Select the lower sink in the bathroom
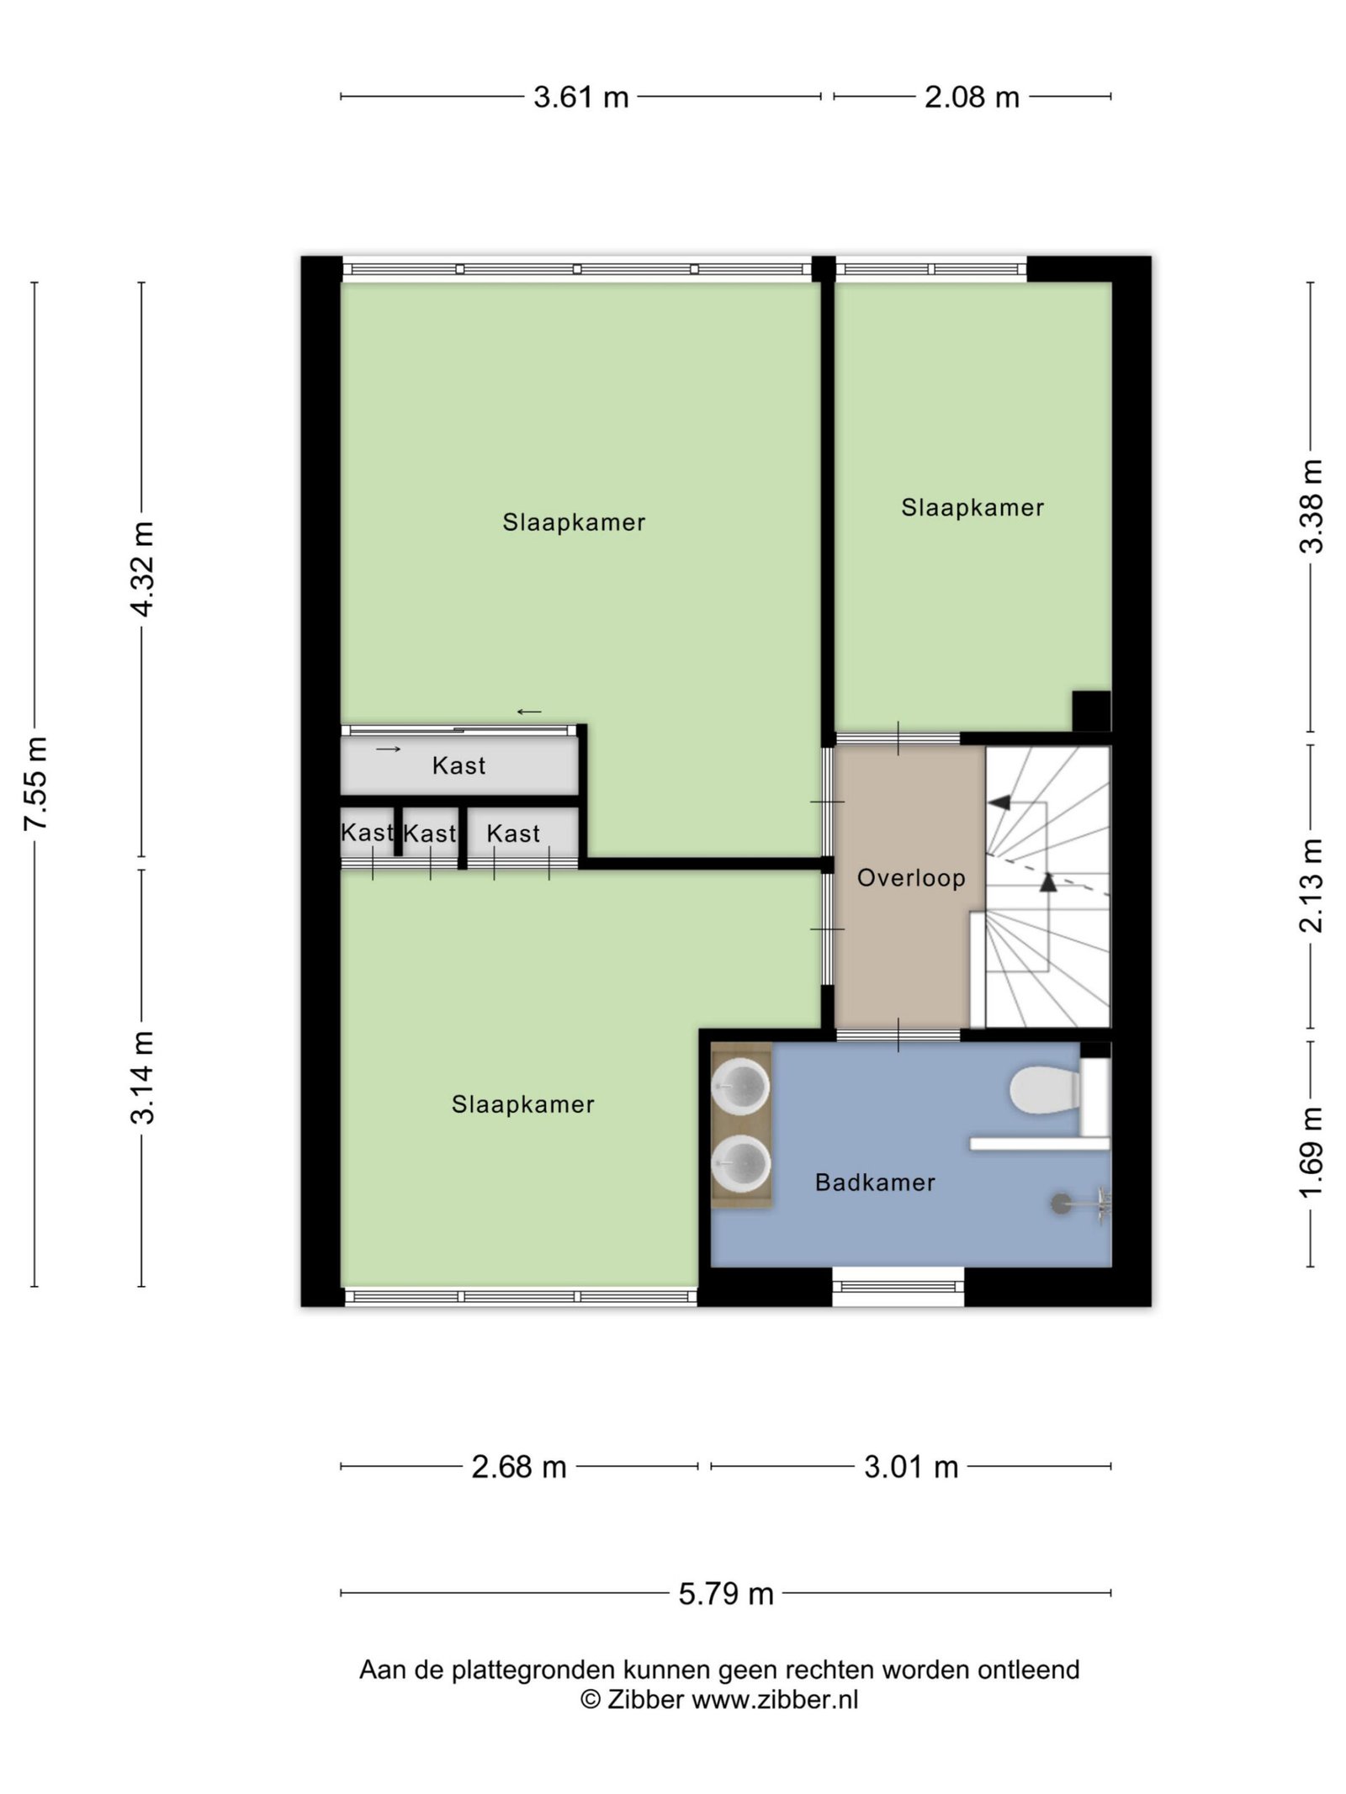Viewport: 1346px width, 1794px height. pyautogui.click(x=741, y=1164)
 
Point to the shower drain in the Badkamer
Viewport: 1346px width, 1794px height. pyautogui.click(x=1062, y=1204)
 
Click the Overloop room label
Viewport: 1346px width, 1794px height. pyautogui.click(x=911, y=878)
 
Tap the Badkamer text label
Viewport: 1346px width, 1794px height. pyautogui.click(x=875, y=1183)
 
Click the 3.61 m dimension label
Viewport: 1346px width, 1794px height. pyautogui.click(x=581, y=98)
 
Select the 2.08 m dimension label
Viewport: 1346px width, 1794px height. pyautogui.click(x=972, y=98)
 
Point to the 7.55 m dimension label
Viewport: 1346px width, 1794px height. pyautogui.click(x=35, y=783)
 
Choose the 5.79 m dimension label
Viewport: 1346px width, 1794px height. pyautogui.click(x=726, y=1593)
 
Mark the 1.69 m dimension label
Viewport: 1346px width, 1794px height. pyautogui.click(x=1312, y=1153)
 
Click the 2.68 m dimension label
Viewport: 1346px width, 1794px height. pyautogui.click(x=519, y=1467)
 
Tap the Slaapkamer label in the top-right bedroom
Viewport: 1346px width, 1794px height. pyautogui.click(x=972, y=507)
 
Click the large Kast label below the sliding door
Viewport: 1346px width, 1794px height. pyautogui.click(x=459, y=765)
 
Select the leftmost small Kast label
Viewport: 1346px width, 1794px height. pyautogui.click(x=367, y=833)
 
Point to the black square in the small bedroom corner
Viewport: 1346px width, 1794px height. pyautogui.click(x=1092, y=711)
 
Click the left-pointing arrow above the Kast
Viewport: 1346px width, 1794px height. pyautogui.click(x=529, y=712)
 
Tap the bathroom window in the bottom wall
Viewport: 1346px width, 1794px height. pyautogui.click(x=898, y=1286)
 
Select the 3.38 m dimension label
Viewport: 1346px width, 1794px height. pyautogui.click(x=1312, y=506)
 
